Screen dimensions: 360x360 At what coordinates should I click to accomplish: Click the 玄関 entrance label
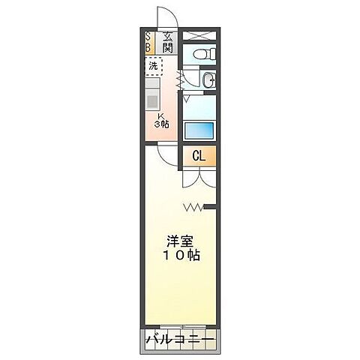[x=167, y=41]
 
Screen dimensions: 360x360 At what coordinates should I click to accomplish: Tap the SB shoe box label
[x=148, y=41]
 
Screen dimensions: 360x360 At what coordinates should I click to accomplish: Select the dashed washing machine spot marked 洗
[x=153, y=66]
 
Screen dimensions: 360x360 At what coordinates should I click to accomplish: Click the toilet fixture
[x=202, y=54]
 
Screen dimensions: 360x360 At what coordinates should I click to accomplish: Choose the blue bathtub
[x=199, y=128]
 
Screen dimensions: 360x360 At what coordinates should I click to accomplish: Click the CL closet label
[x=199, y=157]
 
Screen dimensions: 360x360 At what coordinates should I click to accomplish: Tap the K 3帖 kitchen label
[x=162, y=120]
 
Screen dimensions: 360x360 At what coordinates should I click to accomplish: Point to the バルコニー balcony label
[x=180, y=340]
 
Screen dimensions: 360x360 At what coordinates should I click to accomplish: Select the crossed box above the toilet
[x=199, y=35]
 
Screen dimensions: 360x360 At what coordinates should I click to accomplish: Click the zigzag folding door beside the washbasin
[x=179, y=78]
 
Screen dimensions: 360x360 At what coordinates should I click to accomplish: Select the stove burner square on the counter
[x=152, y=101]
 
